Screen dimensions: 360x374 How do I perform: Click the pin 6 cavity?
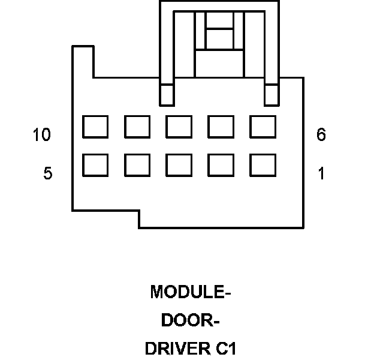point(263,127)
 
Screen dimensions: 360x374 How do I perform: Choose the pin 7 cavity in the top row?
point(221,127)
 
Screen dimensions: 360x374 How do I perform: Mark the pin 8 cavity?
point(179,127)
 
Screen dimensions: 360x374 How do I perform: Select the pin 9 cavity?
point(137,127)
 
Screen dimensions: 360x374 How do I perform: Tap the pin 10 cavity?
point(95,127)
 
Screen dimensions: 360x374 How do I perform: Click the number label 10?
point(41,136)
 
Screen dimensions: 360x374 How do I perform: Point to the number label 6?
point(321,136)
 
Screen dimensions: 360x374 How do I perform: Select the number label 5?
point(47,174)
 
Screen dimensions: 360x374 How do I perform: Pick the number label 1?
point(321,174)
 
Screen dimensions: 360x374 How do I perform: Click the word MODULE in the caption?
point(187,292)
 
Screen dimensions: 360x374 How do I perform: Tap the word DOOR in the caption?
point(183,320)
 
